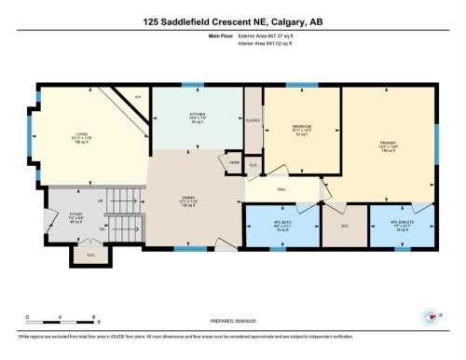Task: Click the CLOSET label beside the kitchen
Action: click(x=253, y=120)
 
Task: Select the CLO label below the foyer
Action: click(x=90, y=254)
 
